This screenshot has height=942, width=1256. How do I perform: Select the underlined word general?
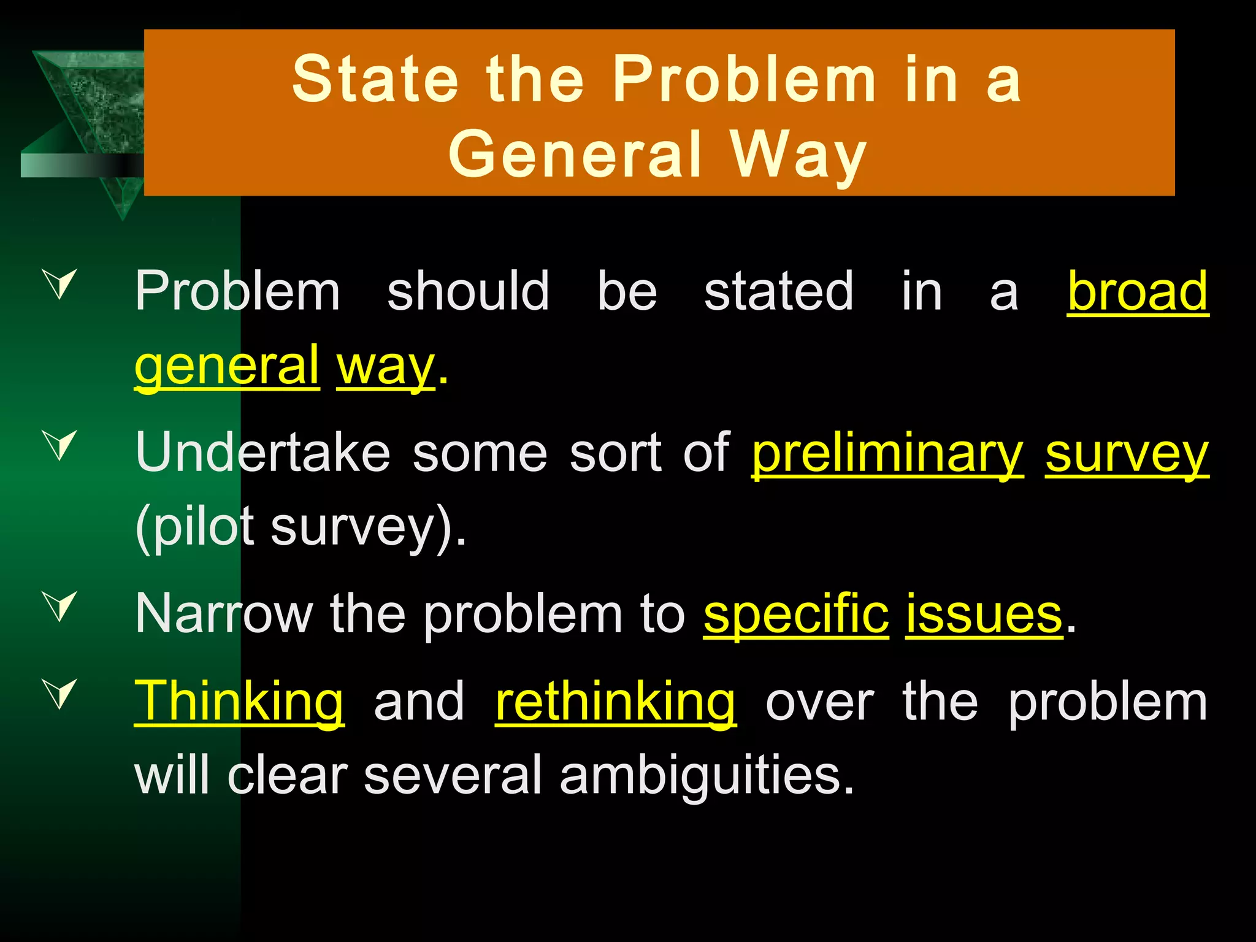tap(226, 366)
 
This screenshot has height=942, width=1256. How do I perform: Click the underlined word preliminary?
tap(887, 454)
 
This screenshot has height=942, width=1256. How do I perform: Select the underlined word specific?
tap(796, 615)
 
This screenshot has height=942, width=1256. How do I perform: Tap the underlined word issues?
tap(984, 615)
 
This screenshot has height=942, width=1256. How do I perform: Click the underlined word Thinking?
tap(239, 702)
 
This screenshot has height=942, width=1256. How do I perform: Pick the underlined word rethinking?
tap(615, 702)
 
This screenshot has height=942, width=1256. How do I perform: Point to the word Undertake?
tap(262, 453)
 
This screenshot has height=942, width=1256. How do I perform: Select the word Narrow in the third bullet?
tap(224, 615)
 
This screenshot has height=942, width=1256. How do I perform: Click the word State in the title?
tap(375, 80)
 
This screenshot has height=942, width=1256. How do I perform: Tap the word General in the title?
tap(575, 155)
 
